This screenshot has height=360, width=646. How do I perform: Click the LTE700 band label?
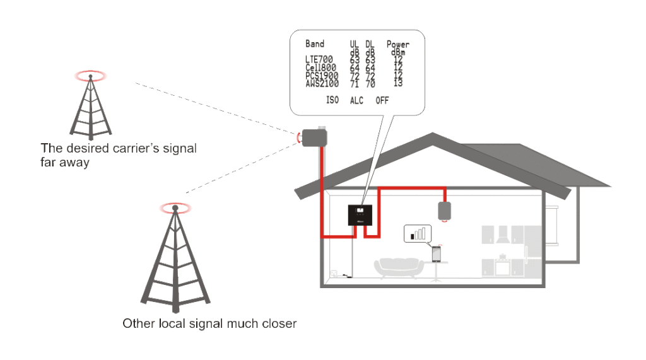click(319, 60)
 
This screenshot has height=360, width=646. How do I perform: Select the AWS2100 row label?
click(322, 83)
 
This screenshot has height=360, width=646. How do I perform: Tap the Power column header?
click(397, 44)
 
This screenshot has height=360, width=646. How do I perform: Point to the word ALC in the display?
click(356, 100)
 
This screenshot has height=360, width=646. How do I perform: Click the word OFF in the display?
click(382, 100)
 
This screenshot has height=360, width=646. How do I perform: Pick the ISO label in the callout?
click(332, 100)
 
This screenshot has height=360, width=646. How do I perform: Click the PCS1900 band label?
click(322, 76)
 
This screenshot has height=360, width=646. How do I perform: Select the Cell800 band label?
click(320, 67)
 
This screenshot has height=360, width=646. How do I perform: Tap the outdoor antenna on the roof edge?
click(312, 137)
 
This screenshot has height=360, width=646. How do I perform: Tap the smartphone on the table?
click(436, 253)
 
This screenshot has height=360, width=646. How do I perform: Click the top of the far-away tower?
click(91, 76)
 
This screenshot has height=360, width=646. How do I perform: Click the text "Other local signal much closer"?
click(209, 324)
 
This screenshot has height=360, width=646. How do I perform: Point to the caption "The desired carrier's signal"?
click(119, 149)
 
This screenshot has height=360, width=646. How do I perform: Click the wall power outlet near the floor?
click(334, 274)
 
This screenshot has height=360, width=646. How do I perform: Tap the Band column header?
click(314, 44)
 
